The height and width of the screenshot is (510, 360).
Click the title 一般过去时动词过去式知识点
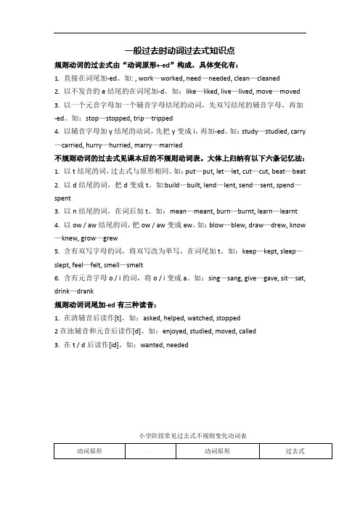pos(179,51)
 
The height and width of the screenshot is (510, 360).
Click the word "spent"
pos(63,198)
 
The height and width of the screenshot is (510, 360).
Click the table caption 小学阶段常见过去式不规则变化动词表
pos(179,436)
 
